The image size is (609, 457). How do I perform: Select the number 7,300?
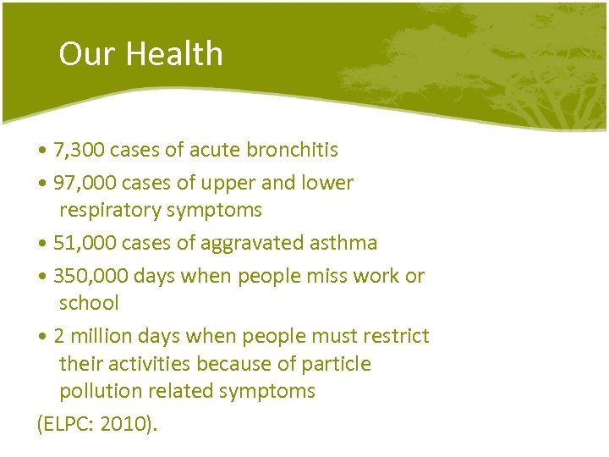click(x=79, y=151)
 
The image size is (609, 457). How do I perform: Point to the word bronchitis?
click(x=292, y=151)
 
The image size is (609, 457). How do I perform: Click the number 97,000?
click(x=85, y=183)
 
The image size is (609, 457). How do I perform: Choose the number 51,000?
click(x=85, y=243)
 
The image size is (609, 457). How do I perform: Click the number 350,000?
click(x=91, y=276)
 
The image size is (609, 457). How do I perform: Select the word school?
click(x=89, y=303)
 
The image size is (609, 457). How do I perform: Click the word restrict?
click(x=397, y=336)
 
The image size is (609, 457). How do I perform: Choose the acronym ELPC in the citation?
click(x=66, y=424)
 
